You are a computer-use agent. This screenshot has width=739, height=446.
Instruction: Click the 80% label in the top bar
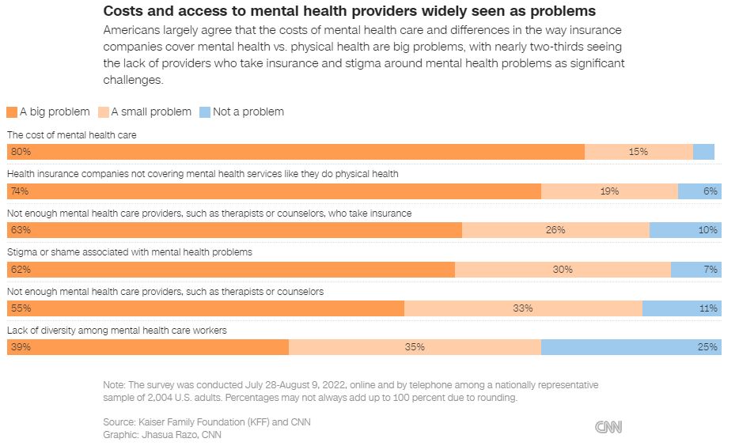coord(20,152)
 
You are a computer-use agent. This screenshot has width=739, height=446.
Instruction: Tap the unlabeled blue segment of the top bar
coord(703,152)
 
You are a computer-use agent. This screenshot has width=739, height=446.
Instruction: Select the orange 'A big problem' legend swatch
coord(12,111)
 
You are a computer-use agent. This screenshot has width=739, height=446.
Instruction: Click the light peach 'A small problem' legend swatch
coord(103,111)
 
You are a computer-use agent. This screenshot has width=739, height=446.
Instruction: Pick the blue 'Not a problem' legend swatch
coord(204,111)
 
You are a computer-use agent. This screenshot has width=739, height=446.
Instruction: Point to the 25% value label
coord(707,347)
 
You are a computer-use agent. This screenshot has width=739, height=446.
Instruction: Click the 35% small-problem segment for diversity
coord(415,347)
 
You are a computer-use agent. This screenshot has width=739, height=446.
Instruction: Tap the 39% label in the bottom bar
coord(20,347)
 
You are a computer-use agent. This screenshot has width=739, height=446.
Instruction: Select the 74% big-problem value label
coord(20,191)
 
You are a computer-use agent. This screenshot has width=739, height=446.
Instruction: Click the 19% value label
coord(608,191)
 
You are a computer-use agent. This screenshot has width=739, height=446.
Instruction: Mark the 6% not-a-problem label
coord(710,191)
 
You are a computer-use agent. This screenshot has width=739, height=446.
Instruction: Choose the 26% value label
coord(555,230)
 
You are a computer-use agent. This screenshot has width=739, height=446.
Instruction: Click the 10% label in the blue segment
coord(707,230)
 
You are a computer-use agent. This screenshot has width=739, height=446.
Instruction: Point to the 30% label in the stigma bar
coord(563,270)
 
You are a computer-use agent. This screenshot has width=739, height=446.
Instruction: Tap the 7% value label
coord(710,270)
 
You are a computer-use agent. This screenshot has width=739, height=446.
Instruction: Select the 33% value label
coord(522,308)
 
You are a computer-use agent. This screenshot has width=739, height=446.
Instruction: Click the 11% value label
coord(707,308)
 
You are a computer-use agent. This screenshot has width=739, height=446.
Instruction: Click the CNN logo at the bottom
coord(608,427)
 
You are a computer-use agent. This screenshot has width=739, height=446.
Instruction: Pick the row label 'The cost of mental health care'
coord(72,135)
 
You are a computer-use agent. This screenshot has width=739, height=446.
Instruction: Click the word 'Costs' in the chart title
coord(123,12)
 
